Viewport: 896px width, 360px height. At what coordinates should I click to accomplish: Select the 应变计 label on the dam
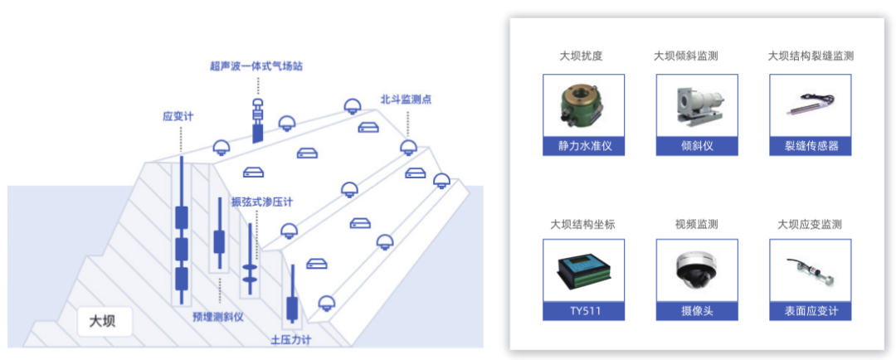tap(178, 117)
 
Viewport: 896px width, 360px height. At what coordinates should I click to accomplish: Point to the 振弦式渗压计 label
tap(262, 202)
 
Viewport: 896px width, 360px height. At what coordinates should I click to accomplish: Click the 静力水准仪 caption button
tap(583, 146)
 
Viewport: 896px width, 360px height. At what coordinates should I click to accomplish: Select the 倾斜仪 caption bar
tap(697, 146)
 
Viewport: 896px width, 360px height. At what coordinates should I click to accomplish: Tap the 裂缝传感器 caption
tap(811, 146)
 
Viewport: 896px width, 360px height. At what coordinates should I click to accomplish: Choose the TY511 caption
tap(583, 312)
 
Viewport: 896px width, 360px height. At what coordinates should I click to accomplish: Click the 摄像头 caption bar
tap(697, 312)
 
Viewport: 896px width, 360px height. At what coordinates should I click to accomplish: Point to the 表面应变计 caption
tap(811, 312)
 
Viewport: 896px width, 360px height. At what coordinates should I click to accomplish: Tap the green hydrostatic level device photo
tap(583, 105)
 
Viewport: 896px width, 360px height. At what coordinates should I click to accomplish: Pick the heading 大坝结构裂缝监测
tap(811, 56)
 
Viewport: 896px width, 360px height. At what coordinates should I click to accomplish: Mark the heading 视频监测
tap(697, 224)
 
